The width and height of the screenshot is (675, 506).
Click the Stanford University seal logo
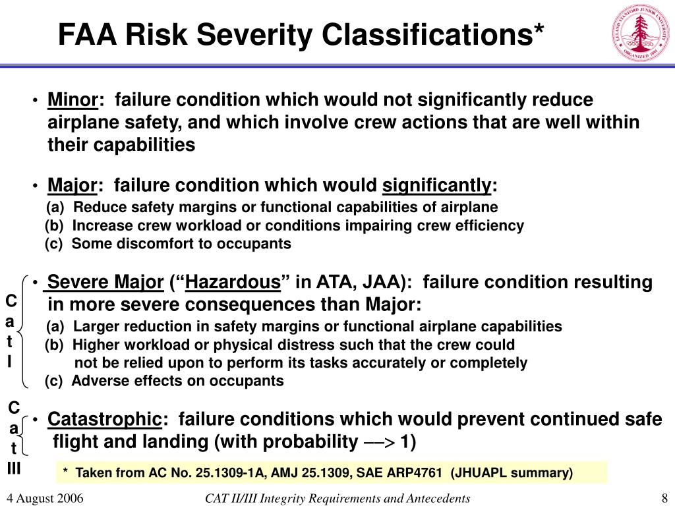[x=641, y=32]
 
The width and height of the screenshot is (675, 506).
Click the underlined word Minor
[x=73, y=100]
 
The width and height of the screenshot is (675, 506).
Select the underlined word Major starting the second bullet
[x=73, y=186]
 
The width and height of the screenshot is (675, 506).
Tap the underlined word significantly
[x=437, y=186]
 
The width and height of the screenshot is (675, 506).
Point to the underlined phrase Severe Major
[x=105, y=283]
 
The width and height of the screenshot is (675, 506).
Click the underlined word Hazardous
[x=233, y=283]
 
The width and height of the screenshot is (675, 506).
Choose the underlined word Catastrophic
[x=105, y=419]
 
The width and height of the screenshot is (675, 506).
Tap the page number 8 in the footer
[x=664, y=498]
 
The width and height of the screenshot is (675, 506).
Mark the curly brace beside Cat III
[x=25, y=436]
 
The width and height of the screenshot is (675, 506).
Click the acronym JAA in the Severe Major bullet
[x=384, y=283]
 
